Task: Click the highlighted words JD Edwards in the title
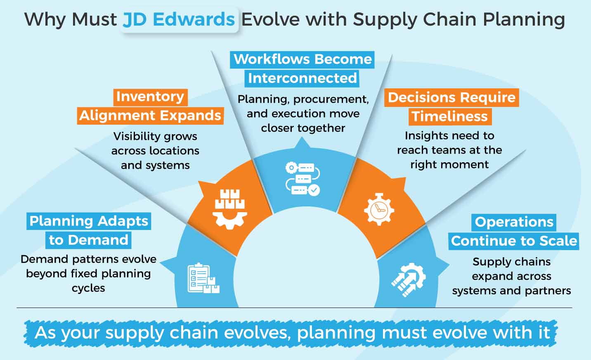pyautogui.click(x=180, y=19)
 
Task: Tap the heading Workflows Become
pyautogui.click(x=303, y=59)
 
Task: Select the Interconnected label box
pyautogui.click(x=302, y=78)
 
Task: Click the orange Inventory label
pyautogui.click(x=150, y=97)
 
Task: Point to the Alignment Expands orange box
pyautogui.click(x=150, y=116)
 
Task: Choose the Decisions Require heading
pyautogui.click(x=452, y=98)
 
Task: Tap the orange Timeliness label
pyautogui.click(x=450, y=116)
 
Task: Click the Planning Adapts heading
pyautogui.click(x=89, y=221)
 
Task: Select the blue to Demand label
pyautogui.click(x=88, y=240)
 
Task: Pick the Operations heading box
pyautogui.click(x=514, y=222)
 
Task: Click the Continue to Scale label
pyautogui.click(x=514, y=241)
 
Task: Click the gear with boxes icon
pyautogui.click(x=229, y=209)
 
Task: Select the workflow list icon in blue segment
pyautogui.click(x=303, y=179)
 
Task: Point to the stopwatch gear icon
pyautogui.click(x=378, y=209)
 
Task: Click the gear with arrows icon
pyautogui.click(x=408, y=279)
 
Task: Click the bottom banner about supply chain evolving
pyautogui.click(x=292, y=333)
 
